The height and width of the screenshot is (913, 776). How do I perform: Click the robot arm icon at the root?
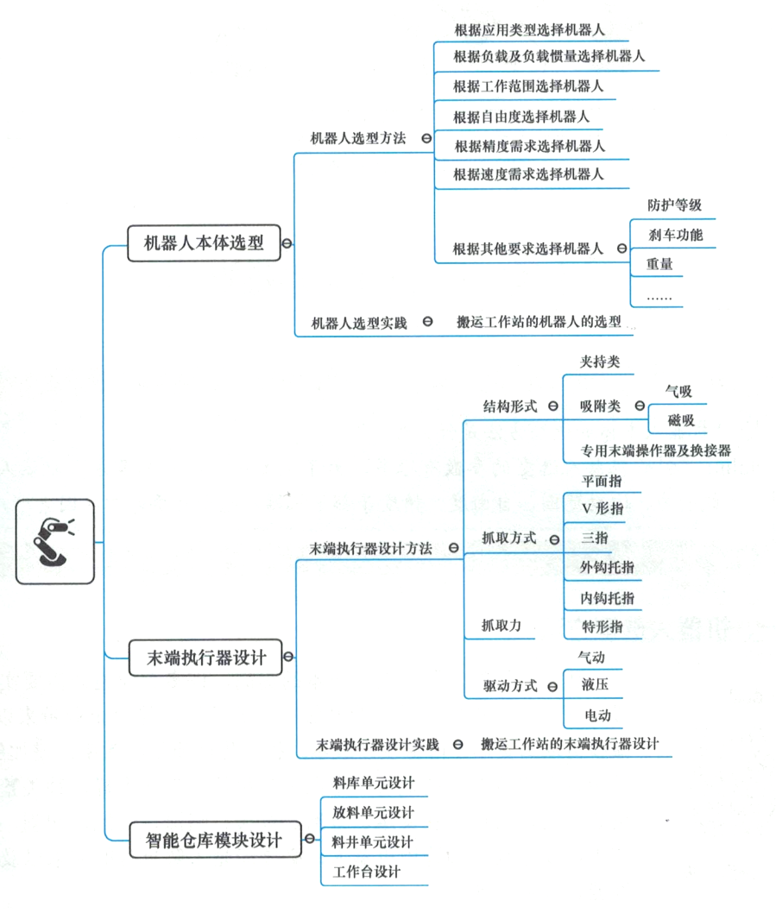tap(55, 541)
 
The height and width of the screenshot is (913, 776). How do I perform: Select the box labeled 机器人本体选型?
tap(204, 242)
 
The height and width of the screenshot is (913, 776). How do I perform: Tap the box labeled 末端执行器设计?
tap(205, 657)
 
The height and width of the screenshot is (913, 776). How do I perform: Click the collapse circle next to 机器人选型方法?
tap(426, 138)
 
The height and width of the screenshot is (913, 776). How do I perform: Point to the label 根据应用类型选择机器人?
tap(529, 29)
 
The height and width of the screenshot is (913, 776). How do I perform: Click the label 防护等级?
tap(674, 205)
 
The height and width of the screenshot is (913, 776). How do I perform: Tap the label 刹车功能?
tap(675, 235)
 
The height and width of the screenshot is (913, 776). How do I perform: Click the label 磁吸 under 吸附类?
tap(680, 420)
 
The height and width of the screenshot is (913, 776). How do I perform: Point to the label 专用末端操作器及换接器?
tap(655, 450)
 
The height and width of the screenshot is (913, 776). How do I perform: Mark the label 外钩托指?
tap(608, 567)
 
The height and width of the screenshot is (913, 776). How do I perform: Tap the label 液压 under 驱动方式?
tap(594, 685)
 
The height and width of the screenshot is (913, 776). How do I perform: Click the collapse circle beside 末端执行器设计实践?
tap(457, 744)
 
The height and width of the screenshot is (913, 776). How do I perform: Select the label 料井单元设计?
tap(373, 841)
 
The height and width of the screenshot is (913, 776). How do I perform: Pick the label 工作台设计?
tap(367, 871)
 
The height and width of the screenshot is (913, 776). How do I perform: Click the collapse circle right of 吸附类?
tap(640, 406)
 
